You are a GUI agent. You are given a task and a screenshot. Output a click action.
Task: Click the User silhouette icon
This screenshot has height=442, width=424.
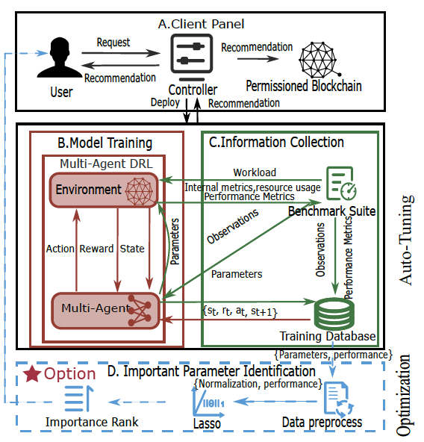[60, 57]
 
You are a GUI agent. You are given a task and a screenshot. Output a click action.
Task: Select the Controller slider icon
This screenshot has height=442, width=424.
[191, 57]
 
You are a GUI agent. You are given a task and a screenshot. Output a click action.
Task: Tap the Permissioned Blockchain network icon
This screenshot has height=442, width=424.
[319, 60]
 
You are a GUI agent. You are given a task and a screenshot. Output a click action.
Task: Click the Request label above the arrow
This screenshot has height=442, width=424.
[113, 43]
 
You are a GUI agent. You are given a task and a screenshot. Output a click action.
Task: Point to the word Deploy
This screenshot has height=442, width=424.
[165, 102]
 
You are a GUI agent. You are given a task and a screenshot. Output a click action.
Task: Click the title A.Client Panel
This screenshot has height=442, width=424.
[201, 24]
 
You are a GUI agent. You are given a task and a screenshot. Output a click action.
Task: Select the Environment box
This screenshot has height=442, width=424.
[104, 190]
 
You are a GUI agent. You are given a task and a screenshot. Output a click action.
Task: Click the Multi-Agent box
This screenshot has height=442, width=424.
[105, 311]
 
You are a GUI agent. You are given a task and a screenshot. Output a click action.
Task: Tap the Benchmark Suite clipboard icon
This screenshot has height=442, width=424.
[341, 183]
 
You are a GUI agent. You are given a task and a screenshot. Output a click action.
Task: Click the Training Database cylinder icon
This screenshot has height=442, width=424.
[334, 313]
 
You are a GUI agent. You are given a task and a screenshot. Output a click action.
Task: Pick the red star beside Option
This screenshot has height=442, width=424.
[32, 373]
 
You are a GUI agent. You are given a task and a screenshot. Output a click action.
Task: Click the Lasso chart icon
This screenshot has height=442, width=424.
[208, 402]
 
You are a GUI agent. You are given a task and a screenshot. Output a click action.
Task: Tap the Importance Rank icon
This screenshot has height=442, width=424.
[78, 398]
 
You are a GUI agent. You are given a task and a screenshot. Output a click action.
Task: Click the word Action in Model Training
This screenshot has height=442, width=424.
[60, 249]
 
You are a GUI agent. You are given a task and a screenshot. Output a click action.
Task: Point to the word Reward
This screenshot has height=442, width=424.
[96, 249]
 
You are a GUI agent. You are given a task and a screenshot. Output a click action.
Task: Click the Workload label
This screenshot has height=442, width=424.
[255, 172]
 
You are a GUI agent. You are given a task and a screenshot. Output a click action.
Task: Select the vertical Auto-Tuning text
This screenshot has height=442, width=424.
[406, 240]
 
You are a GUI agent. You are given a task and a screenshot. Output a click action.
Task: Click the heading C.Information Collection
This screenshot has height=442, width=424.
[276, 142]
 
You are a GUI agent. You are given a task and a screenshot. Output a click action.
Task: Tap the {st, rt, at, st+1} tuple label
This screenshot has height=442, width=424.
[240, 311]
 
